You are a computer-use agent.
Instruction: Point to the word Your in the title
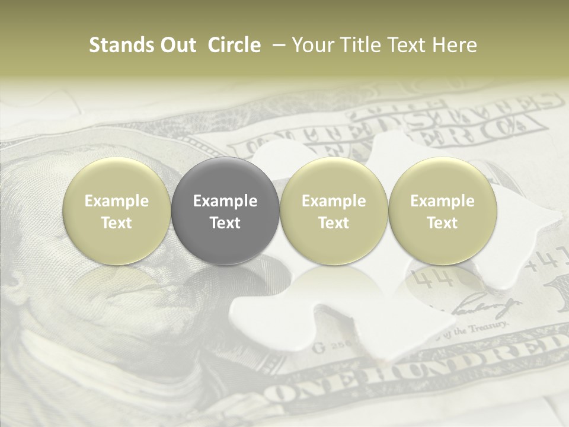pyautogui.click(x=312, y=45)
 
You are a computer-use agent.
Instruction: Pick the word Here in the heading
pyautogui.click(x=455, y=45)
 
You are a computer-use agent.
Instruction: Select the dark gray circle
pyautogui.click(x=225, y=212)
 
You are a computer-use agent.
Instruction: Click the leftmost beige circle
pyautogui.click(x=117, y=212)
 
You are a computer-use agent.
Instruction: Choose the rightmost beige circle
pyautogui.click(x=443, y=212)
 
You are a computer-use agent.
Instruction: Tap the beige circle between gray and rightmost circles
pyautogui.click(x=334, y=212)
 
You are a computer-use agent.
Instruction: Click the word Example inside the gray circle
pyautogui.click(x=225, y=201)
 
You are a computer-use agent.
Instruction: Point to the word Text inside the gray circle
pyautogui.click(x=225, y=223)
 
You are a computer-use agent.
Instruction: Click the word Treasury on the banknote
pyautogui.click(x=489, y=327)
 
